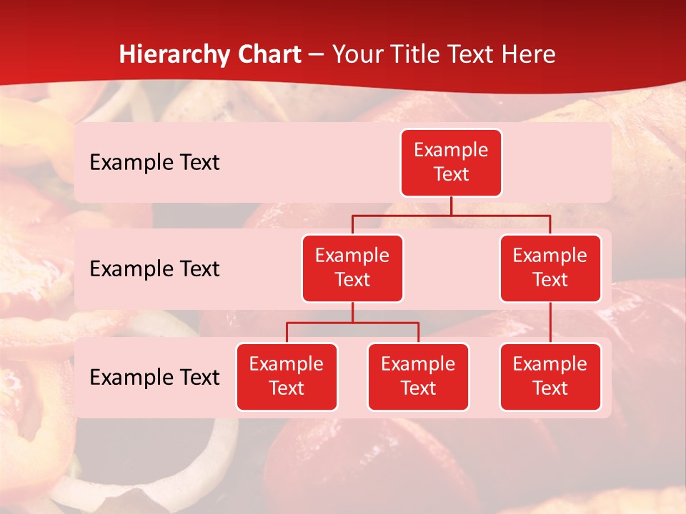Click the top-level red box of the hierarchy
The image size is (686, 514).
451,163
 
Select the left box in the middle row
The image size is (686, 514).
352,268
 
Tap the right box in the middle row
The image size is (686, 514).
550,268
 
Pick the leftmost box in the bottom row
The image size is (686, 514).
287,377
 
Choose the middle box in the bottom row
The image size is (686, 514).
418,377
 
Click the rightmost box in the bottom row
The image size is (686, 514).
550,377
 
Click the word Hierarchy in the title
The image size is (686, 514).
174,54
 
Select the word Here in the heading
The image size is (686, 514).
531,54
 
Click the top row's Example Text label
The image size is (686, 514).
154,163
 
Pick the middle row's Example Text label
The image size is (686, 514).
154,269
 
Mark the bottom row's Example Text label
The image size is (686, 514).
154,378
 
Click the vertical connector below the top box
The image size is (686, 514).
451,206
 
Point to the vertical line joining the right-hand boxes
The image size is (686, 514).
550,323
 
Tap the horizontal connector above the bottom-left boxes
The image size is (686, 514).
352,323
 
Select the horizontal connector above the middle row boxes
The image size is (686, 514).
451,215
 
